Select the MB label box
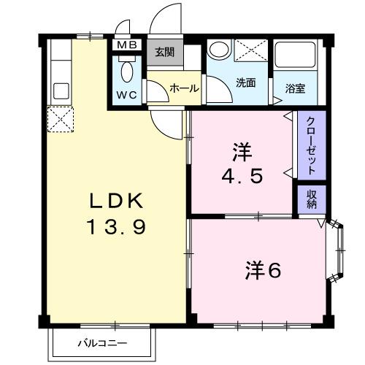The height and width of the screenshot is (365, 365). click(128, 45)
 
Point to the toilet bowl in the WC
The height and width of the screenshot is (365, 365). click(127, 72)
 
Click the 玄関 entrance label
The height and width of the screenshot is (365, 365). click(164, 53)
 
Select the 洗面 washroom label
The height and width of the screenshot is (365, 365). click(245, 82)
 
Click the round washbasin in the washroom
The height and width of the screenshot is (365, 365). click(218, 51)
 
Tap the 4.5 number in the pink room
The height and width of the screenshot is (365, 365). click(242, 177)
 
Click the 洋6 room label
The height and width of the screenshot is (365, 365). click(263, 270)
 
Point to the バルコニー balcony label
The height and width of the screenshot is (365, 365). click(103, 342)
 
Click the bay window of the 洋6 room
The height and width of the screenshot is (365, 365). click(337, 253)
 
